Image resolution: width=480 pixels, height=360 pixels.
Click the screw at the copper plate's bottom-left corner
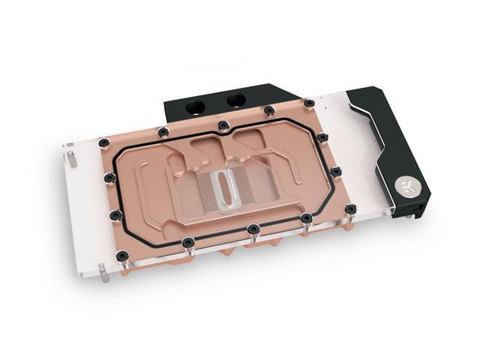pos(115,216)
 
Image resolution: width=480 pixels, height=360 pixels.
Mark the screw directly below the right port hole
pos(268,111)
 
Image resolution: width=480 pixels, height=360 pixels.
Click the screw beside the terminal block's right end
pos(308,101)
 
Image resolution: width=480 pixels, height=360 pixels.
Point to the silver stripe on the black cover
pos(379,132)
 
